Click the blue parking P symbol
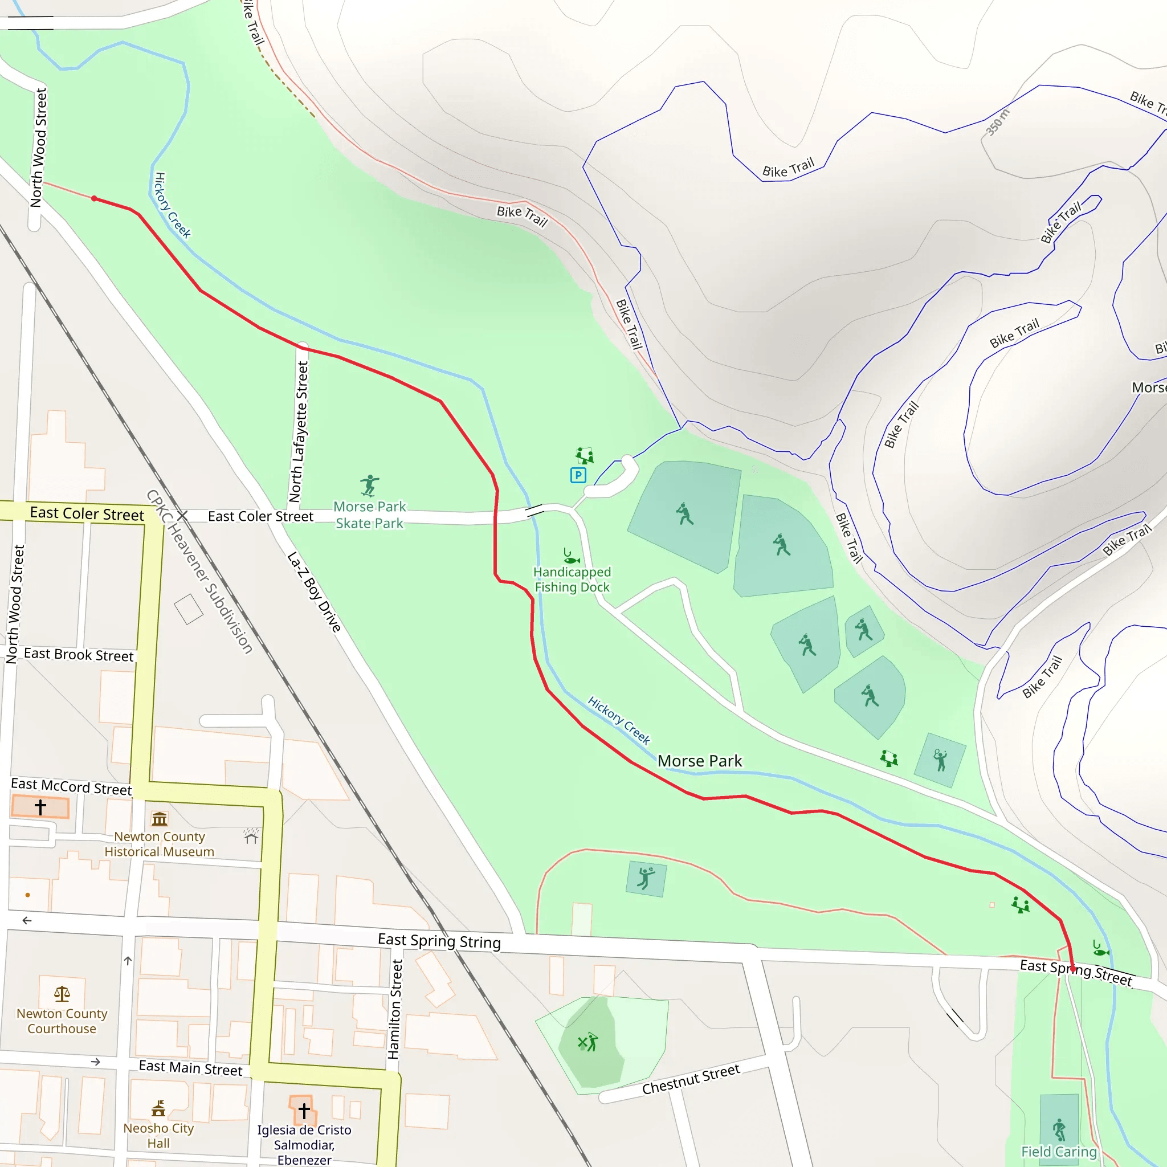578,475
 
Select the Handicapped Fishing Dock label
572,580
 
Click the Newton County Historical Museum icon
160,819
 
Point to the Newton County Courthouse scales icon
62,994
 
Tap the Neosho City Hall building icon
158,1108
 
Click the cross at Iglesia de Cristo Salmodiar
304,1110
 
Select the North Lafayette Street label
299,431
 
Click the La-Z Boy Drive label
314,591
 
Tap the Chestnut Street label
691,1079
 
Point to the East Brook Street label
79,655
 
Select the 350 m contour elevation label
997,122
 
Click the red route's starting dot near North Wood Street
94,199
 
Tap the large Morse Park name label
700,761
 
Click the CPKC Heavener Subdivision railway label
199,572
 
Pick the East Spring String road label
439,941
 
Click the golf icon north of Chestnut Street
587,1042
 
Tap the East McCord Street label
71,786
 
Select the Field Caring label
1059,1152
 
